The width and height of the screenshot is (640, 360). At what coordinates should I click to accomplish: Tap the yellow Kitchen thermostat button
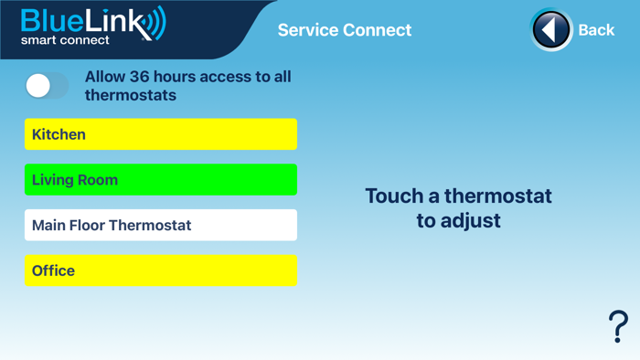point(161,134)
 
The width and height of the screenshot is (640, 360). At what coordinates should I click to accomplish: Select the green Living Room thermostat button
point(161,180)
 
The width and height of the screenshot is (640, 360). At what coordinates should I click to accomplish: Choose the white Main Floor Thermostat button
point(161,225)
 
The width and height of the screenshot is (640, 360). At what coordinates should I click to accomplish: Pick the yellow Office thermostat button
point(161,270)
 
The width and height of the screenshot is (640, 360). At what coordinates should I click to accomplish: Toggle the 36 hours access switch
point(47,86)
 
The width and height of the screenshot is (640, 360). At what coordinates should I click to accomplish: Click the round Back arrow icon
point(551,30)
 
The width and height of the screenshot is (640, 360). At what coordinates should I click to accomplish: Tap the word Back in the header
point(596,30)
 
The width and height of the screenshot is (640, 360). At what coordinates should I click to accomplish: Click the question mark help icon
point(619,326)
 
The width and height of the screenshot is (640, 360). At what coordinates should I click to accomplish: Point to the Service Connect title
point(345,30)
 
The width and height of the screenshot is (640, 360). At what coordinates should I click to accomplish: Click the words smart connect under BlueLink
point(65,41)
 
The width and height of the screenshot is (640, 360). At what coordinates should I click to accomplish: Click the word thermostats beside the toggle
point(131,95)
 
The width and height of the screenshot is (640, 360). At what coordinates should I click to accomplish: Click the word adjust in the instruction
point(471,221)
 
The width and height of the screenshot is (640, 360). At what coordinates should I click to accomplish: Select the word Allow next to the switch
point(106,77)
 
